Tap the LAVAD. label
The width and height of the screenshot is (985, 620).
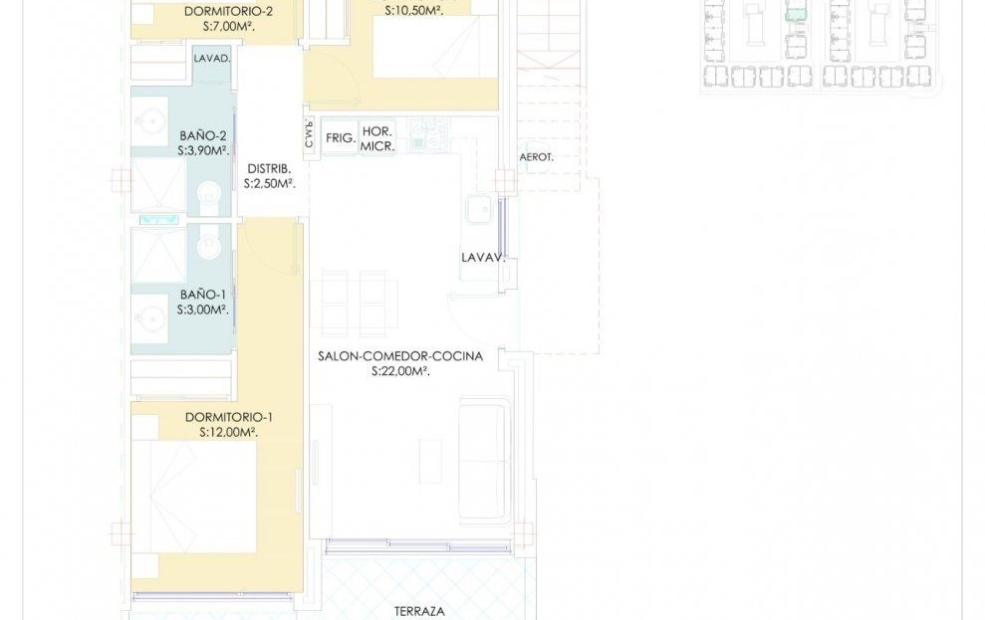tap(212, 59)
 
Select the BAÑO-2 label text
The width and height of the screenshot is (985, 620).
tap(203, 135)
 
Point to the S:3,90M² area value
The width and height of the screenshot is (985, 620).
tap(203, 150)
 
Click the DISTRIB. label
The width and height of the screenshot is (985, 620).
tap(269, 169)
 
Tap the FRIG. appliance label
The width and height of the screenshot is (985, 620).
tap(341, 137)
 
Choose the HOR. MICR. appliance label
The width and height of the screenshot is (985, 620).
tap(377, 138)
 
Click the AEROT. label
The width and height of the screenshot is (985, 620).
tap(537, 157)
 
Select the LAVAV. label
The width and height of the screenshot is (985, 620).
tap(484, 258)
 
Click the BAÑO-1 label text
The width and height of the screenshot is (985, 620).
tap(203, 295)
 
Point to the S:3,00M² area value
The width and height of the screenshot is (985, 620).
tap(202, 310)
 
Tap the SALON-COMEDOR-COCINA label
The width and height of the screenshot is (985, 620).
tap(400, 356)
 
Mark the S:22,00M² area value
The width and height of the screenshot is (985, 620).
tap(400, 371)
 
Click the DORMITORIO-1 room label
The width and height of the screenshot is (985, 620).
tap(229, 417)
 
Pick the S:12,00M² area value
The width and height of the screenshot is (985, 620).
tap(229, 432)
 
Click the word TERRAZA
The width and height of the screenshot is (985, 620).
tap(419, 611)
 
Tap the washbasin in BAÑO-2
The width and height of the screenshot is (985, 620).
tap(150, 119)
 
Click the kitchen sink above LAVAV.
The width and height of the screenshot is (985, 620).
tap(480, 209)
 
